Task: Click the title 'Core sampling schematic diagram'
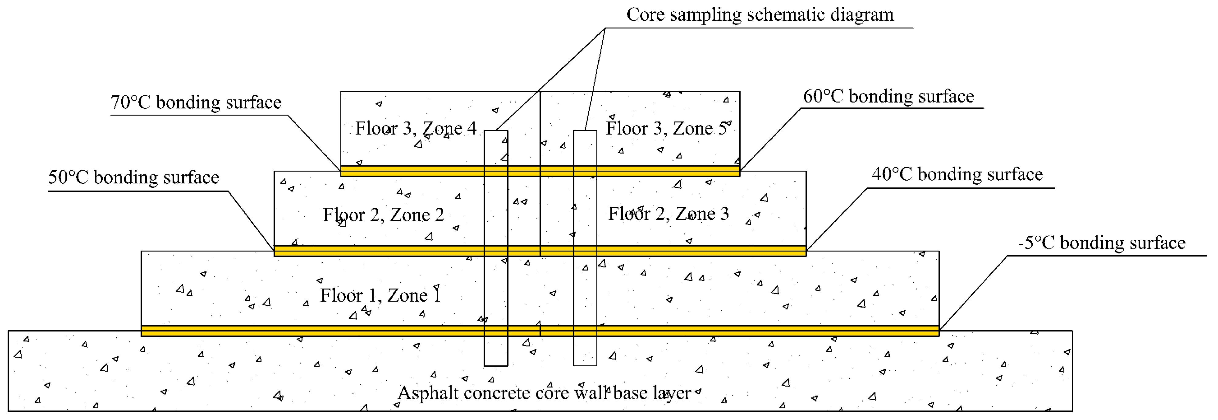[x=760, y=15]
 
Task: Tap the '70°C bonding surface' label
[x=196, y=102]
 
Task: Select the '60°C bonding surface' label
[x=888, y=97]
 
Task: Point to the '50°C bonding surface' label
[x=134, y=177]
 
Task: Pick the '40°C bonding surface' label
[x=957, y=175]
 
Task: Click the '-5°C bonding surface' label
[x=1102, y=243]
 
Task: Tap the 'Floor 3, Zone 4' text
[x=416, y=128]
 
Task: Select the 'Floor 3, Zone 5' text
[x=666, y=128]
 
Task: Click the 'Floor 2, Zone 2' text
[x=383, y=215]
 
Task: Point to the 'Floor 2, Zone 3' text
[x=668, y=214]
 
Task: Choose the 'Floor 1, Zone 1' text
[x=380, y=295]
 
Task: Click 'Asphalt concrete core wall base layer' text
[x=544, y=393]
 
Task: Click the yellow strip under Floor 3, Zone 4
[x=412, y=171]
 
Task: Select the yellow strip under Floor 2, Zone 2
[x=378, y=251]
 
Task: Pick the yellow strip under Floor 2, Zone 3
[x=700, y=251]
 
